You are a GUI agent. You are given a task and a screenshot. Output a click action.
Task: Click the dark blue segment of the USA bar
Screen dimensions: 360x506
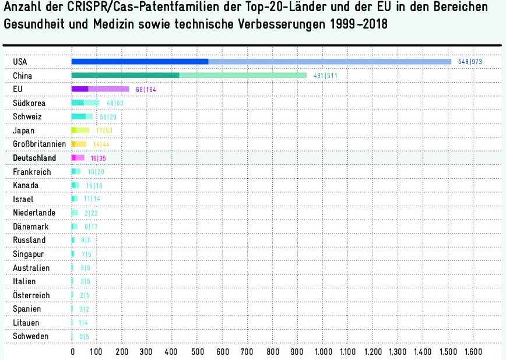coord(140,62)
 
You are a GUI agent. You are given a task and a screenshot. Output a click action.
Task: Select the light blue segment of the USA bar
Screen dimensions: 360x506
coord(329,62)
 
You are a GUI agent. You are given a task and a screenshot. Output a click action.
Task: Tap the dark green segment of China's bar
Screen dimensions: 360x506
coord(125,75)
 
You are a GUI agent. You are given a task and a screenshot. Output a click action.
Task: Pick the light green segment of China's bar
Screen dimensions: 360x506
coord(243,75)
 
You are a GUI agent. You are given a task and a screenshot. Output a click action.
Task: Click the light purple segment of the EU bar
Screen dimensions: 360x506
coord(108,89)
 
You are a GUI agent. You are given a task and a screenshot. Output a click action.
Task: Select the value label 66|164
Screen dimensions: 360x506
coord(146,90)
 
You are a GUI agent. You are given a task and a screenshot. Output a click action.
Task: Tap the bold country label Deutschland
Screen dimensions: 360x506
coord(34,158)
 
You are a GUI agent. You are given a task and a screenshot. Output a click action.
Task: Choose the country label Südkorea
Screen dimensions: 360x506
coord(29,103)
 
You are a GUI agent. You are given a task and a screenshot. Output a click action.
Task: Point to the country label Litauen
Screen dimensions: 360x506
coord(27,322)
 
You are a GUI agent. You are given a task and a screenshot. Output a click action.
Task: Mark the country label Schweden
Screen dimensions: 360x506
coord(30,336)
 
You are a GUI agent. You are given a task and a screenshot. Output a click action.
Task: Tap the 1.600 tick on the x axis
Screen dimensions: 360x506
coord(473,352)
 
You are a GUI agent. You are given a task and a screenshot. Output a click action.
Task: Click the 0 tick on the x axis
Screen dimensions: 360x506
coord(72,352)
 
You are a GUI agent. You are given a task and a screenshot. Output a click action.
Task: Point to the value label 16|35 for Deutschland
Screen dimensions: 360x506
coord(98,158)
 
